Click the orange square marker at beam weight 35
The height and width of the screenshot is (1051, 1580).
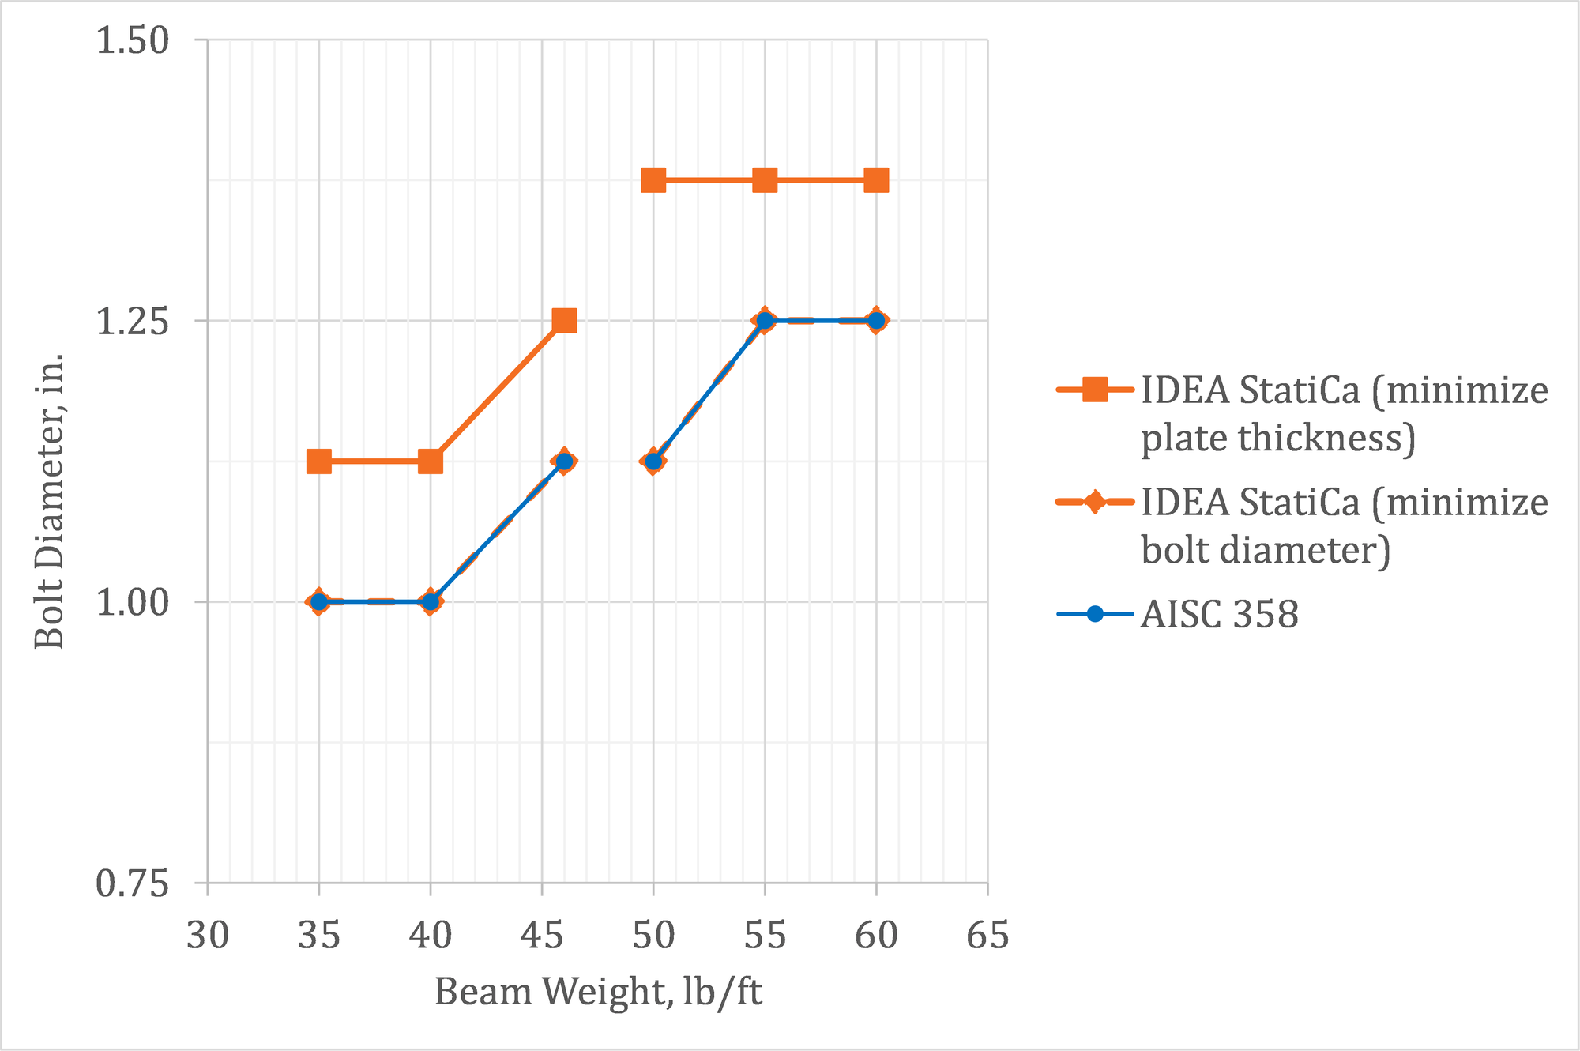click(318, 461)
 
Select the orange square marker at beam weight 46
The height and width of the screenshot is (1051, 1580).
click(564, 320)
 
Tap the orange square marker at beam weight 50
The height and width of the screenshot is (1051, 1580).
click(653, 180)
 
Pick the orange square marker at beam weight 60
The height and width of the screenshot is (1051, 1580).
click(876, 180)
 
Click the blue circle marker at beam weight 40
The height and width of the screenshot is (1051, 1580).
click(431, 601)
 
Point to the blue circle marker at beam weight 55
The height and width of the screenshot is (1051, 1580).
click(765, 320)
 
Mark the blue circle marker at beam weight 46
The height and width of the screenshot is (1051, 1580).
click(564, 461)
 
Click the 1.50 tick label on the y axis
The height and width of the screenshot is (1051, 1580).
click(133, 40)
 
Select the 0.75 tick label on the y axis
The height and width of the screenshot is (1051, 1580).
click(133, 883)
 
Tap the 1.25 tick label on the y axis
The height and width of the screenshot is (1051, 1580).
click(133, 322)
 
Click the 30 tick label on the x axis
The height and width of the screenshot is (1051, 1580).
click(208, 936)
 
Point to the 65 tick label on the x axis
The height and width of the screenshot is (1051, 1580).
click(988, 936)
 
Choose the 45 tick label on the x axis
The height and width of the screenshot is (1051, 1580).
click(542, 936)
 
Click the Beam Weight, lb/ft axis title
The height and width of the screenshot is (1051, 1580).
click(598, 992)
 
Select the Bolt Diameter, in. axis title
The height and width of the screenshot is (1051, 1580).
click(49, 501)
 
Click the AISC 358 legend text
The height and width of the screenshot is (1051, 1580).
click(1219, 614)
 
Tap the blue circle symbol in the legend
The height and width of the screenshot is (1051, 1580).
click(1095, 614)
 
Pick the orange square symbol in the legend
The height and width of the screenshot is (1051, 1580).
click(1095, 390)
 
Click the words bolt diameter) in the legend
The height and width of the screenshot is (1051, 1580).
click(1265, 549)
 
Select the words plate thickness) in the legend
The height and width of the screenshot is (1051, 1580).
click(1277, 437)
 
